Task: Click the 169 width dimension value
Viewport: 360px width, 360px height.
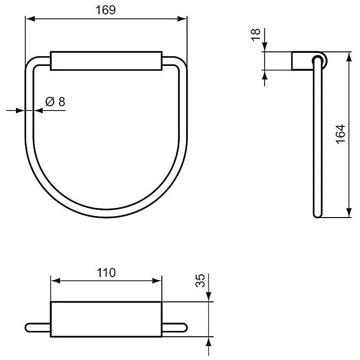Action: (x=106, y=10)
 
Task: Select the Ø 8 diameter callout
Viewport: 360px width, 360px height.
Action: (x=55, y=102)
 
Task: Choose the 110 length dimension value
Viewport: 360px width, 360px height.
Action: (x=106, y=272)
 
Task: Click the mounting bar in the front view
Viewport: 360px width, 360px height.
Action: (x=106, y=60)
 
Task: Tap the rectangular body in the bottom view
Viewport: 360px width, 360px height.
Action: (x=106, y=318)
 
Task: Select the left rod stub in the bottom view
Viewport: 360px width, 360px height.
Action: (x=38, y=327)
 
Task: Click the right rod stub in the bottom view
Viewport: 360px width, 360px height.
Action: (x=173, y=327)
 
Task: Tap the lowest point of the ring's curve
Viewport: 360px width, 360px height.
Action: (x=106, y=216)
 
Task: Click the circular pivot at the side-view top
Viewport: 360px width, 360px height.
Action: (x=320, y=60)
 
